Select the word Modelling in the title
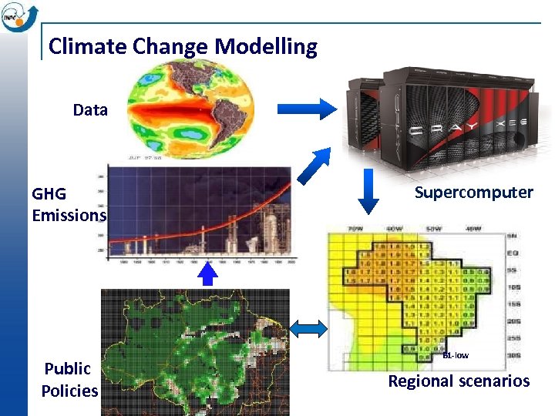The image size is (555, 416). point(266,47)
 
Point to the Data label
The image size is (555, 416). point(90,110)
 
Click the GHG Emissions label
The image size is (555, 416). point(68,204)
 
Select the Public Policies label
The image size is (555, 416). point(69,379)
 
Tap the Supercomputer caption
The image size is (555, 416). point(473,193)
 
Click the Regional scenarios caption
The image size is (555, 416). point(459,381)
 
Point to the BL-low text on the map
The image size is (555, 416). point(455,355)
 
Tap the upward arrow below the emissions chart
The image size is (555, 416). point(207,274)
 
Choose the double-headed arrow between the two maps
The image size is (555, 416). point(308,330)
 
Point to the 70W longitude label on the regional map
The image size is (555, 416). point(355,229)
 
